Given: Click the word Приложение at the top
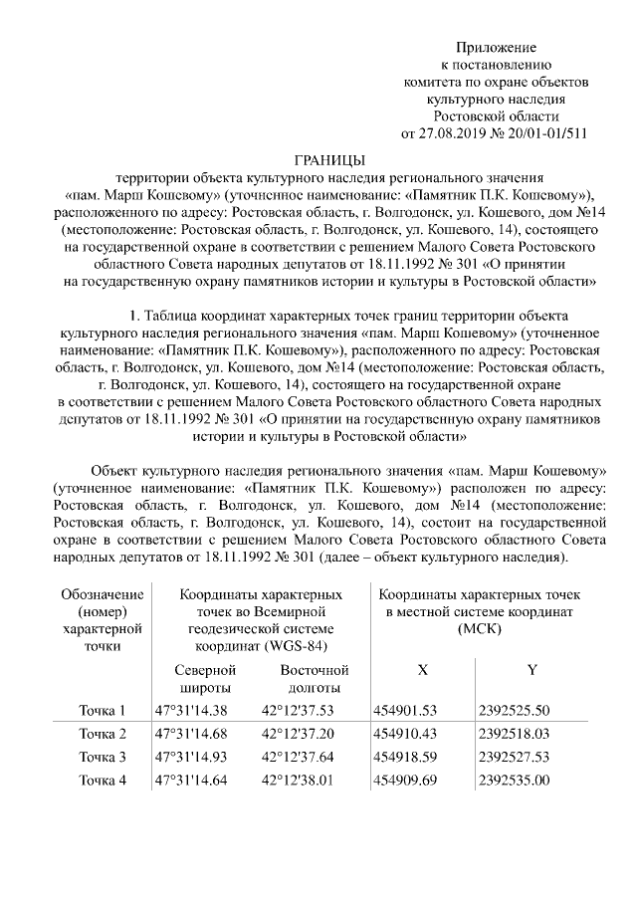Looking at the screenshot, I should click(496, 48).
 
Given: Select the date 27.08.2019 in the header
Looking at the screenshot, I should click(457, 132).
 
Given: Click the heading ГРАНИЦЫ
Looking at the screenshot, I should click(329, 159).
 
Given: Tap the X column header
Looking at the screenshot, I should click(423, 671).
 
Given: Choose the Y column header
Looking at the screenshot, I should click(532, 671).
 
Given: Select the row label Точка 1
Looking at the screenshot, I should click(103, 711).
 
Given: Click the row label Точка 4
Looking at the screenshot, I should click(103, 780).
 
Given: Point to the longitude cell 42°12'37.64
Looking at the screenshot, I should click(297, 757).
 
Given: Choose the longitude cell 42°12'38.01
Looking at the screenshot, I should click(297, 780).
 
